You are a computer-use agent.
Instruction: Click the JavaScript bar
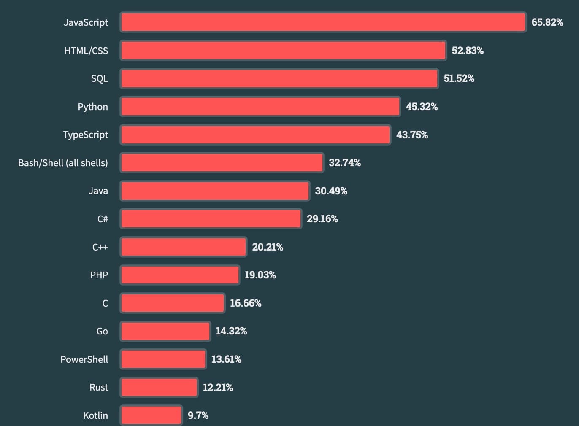point(323,22)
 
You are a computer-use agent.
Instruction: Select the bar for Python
point(260,107)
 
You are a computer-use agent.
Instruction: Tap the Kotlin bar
point(151,415)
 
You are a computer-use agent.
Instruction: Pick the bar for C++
point(183,247)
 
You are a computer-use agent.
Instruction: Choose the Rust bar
point(159,388)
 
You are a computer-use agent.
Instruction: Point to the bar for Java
point(215,191)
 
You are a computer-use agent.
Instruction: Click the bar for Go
point(165,332)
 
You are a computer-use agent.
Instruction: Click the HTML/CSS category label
point(86,51)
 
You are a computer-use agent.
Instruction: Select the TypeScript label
point(86,135)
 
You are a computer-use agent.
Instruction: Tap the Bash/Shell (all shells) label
point(63,163)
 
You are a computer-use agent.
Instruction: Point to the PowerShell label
point(84,359)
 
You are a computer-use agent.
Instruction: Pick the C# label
point(103,219)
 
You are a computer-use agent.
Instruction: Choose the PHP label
point(99,275)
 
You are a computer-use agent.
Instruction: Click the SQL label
point(100,78)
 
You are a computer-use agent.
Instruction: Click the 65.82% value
point(547,22)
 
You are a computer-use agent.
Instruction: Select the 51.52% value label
point(459,78)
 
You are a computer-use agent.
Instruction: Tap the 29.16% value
point(322,219)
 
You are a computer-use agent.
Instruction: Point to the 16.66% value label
point(246,303)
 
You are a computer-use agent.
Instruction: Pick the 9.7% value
point(198,415)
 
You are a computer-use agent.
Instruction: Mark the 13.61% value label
point(226,359)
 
